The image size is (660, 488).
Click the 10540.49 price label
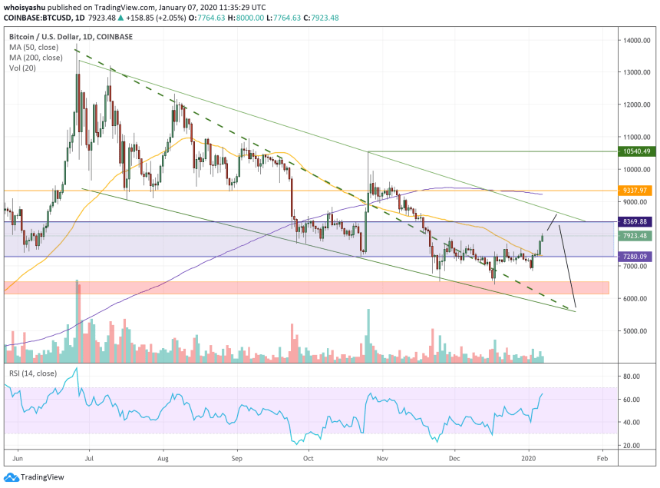[x=636, y=151]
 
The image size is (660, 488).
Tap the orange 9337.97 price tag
[x=636, y=190]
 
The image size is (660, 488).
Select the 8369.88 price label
[x=636, y=222]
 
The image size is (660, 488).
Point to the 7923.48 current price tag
[x=636, y=236]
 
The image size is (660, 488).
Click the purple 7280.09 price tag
[x=636, y=257]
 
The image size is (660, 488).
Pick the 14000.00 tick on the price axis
[x=637, y=40]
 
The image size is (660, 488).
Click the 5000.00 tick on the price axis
[x=635, y=331]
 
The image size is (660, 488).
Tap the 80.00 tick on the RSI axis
[x=632, y=377]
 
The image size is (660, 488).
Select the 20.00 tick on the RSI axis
[x=632, y=446]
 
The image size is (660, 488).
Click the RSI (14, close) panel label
[x=35, y=373]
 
